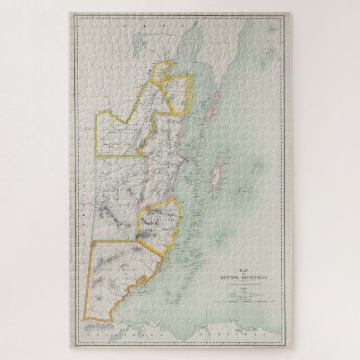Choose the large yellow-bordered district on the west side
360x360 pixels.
click(x=117, y=131)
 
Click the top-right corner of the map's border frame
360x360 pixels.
click(x=284, y=16)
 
